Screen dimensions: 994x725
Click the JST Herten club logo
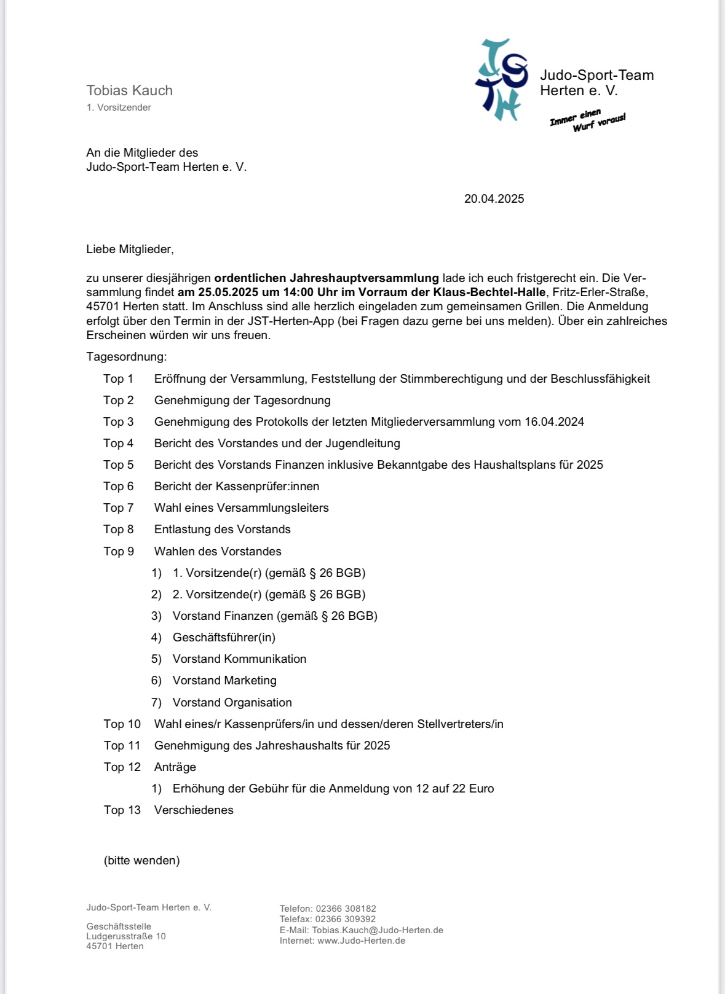[501, 80]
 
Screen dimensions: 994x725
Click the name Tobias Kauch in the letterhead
[129, 90]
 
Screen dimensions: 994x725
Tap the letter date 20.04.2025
[494, 198]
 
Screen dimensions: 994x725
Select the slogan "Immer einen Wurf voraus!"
[587, 120]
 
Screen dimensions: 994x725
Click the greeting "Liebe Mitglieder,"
[130, 249]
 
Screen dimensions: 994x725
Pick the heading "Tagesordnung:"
[126, 356]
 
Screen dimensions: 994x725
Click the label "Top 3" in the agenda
[118, 421]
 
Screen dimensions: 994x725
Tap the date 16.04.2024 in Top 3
[554, 421]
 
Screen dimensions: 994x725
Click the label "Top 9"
[118, 551]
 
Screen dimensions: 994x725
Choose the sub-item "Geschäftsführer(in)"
[224, 637]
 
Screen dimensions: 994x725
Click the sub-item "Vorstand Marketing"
[224, 680]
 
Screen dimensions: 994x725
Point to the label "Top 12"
[122, 767]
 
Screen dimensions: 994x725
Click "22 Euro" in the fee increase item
[473, 788]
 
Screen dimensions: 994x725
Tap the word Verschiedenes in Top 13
[194, 810]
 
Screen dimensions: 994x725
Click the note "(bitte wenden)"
[141, 860]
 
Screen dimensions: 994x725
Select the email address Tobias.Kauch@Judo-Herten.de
[378, 930]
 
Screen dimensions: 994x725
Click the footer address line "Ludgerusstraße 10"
[126, 936]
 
